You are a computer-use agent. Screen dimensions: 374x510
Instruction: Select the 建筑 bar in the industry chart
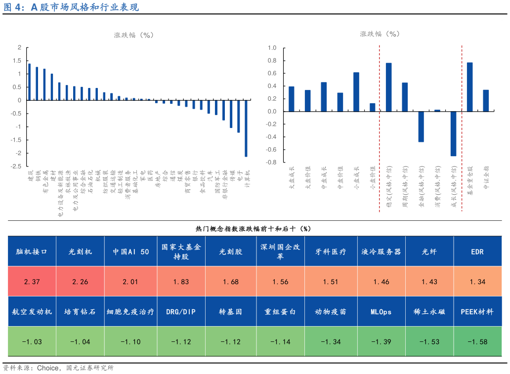pos(29,82)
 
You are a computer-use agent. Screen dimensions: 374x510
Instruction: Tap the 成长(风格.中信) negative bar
pos(453,133)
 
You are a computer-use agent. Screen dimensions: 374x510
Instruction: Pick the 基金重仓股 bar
pos(469,87)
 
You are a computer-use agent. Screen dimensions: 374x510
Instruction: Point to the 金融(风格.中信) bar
pos(421,126)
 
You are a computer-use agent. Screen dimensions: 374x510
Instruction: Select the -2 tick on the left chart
pos(19,153)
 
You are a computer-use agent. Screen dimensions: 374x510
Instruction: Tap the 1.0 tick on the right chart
pos(272,48)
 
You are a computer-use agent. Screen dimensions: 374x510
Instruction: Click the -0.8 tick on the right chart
pos(271,163)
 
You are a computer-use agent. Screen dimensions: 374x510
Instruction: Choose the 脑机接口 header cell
pos(32,251)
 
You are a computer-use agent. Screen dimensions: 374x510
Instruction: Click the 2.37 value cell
pos(32,282)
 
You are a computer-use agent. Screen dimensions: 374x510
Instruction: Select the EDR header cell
pos(477,251)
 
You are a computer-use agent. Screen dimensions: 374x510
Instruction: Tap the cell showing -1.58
pos(477,342)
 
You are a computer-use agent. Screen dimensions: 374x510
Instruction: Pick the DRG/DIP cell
pos(181,312)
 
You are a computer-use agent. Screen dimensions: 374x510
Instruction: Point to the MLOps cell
pos(381,312)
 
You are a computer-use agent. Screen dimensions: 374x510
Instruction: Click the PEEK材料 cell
pos(477,312)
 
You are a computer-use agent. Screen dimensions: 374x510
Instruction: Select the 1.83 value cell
pos(181,282)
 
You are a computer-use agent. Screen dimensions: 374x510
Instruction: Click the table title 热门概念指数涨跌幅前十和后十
pos(254,228)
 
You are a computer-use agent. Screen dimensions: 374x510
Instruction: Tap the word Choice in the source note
pos(48,368)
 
